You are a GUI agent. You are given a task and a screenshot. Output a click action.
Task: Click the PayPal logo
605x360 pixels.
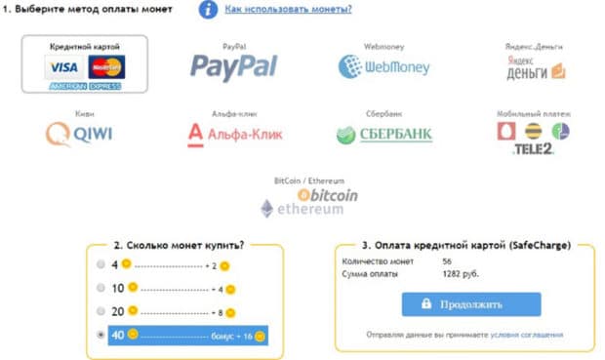click(x=234, y=66)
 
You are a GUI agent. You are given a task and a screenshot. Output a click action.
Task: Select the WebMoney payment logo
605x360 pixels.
click(x=383, y=66)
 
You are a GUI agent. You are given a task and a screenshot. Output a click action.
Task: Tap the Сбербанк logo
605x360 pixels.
click(x=383, y=135)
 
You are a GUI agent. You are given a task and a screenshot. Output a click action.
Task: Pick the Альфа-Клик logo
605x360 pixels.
click(x=233, y=135)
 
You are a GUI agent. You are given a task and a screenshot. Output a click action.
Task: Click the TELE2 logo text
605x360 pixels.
click(x=533, y=149)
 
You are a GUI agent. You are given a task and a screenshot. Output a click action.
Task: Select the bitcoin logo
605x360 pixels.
click(x=328, y=195)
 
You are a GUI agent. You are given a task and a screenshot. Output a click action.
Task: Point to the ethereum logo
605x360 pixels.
click(x=302, y=209)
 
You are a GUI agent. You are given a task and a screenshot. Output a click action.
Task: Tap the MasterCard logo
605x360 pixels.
click(x=105, y=66)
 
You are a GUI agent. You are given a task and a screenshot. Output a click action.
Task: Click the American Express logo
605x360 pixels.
click(x=86, y=86)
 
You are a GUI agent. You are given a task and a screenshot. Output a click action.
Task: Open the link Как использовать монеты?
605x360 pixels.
click(x=288, y=10)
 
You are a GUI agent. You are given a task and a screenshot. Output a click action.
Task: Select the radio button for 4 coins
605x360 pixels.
click(x=101, y=264)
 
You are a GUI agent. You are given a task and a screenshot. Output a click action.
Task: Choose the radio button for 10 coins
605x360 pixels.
click(x=101, y=289)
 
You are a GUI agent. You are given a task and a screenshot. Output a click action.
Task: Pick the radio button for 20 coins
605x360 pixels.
click(x=101, y=312)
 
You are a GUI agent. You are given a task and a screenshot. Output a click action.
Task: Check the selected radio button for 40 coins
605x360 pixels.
click(x=101, y=336)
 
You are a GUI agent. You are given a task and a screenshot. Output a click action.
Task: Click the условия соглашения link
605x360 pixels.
click(x=527, y=335)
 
